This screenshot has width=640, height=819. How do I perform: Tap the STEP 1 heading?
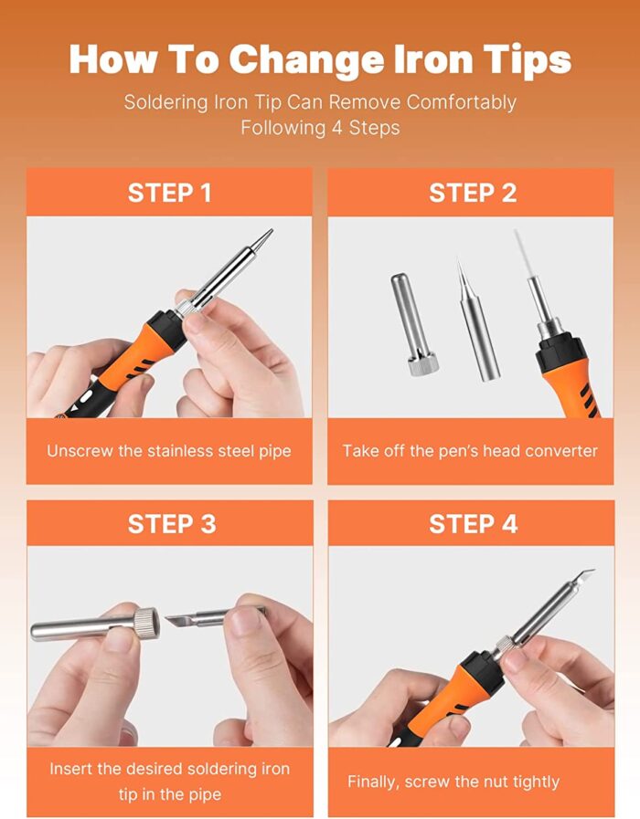pyautogui.click(x=169, y=193)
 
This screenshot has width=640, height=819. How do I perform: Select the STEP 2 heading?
pyautogui.click(x=473, y=193)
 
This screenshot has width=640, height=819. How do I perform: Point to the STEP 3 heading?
pyautogui.click(x=172, y=524)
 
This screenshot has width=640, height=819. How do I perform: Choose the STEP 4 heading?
pyautogui.click(x=473, y=524)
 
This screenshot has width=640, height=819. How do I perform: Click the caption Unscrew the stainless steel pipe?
pyautogui.click(x=169, y=451)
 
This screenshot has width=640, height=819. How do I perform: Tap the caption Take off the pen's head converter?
pyautogui.click(x=470, y=451)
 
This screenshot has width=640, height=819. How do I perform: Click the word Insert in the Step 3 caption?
pyautogui.click(x=71, y=769)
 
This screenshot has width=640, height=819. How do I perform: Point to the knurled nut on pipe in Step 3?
pyautogui.click(x=147, y=624)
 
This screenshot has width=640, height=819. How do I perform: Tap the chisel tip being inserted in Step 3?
pyautogui.click(x=196, y=621)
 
